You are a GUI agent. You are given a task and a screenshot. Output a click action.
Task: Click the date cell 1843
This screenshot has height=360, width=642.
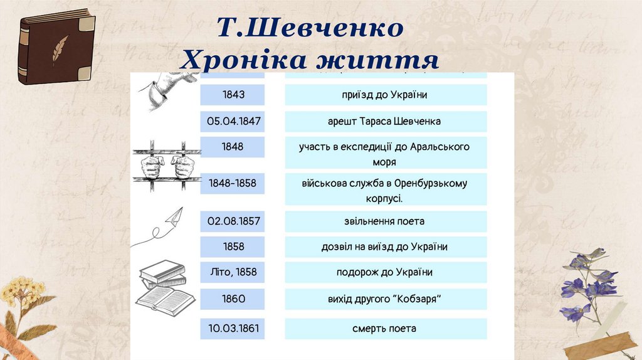click(233, 95)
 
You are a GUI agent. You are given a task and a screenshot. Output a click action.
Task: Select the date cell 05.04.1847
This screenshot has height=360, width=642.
click(233, 121)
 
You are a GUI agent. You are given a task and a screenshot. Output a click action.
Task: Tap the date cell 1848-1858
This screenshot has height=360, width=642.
click(233, 184)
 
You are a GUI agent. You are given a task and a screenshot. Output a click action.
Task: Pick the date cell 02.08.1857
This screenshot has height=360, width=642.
click(233, 221)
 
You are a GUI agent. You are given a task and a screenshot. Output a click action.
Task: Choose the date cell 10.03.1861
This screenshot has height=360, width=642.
click(233, 329)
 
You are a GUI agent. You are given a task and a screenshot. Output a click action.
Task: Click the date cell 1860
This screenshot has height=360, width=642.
click(233, 299)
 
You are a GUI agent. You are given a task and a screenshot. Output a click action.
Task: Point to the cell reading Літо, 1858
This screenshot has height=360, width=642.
click(233, 272)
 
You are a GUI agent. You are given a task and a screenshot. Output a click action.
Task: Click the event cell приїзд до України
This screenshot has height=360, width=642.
click(386, 95)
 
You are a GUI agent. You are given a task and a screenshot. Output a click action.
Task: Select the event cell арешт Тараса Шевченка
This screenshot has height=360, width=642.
click(386, 121)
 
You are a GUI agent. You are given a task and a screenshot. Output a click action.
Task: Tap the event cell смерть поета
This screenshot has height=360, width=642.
click(386, 329)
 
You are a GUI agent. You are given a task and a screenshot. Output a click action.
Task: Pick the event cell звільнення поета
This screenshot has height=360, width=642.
click(386, 221)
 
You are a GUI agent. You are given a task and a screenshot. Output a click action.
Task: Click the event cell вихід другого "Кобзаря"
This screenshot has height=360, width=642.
click(386, 299)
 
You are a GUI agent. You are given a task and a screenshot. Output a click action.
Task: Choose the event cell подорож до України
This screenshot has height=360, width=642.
click(386, 272)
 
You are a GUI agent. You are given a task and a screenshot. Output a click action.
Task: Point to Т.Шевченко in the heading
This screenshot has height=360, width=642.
click(310, 28)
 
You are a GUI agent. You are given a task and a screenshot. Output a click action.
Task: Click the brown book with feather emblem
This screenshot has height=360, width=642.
click(56, 50)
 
